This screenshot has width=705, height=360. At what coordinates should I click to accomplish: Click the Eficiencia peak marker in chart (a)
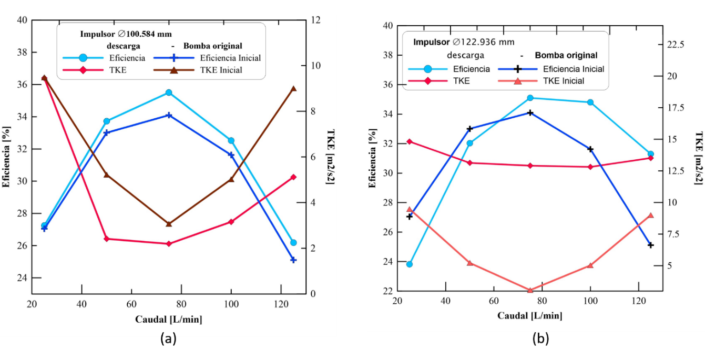(169, 92)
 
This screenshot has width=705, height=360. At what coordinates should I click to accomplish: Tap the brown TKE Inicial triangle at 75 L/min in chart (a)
(169, 224)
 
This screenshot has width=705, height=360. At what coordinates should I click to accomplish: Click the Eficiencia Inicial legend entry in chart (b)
(573, 69)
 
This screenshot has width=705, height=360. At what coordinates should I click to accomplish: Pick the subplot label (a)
(168, 339)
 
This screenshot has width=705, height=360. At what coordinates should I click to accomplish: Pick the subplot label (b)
(540, 339)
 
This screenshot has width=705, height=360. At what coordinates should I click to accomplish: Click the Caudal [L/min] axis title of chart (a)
(168, 319)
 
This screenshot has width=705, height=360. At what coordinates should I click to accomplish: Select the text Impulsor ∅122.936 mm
(463, 42)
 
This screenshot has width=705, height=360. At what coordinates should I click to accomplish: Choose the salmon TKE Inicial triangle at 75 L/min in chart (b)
(530, 290)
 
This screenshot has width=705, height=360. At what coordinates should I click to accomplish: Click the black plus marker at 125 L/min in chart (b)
(650, 245)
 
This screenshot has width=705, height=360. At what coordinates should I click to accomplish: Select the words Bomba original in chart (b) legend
(566, 55)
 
